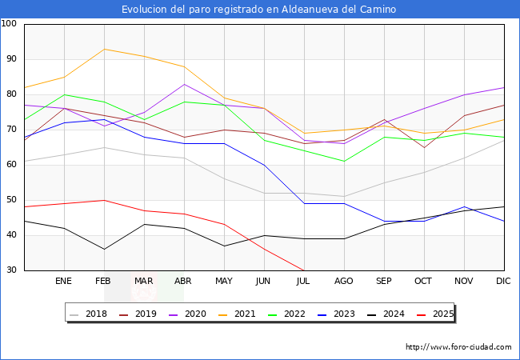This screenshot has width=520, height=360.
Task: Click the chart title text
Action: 258,10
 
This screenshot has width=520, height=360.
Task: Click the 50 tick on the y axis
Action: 12,200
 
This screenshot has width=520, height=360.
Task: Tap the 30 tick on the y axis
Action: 12,270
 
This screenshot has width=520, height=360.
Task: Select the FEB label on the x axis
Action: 104,282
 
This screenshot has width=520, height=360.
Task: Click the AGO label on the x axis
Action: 344,282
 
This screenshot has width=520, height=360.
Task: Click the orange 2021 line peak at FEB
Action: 104,49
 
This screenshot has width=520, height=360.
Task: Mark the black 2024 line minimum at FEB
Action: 104,249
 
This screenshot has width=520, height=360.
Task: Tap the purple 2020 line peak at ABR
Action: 184,84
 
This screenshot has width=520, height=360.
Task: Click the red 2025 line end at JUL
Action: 303,270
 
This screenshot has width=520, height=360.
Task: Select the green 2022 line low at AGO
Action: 344,161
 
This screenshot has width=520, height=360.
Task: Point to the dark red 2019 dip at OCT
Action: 424,147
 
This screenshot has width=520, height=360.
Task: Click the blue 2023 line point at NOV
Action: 464,206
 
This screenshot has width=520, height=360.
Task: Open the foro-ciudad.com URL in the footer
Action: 458,347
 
